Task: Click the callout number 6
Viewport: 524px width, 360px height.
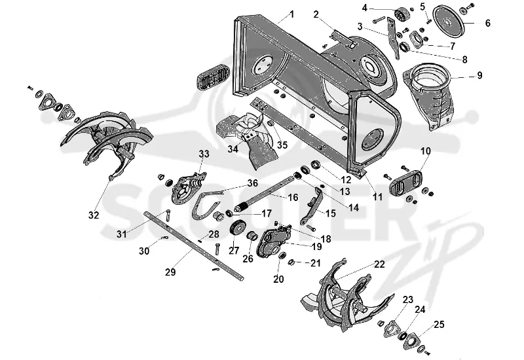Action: (x=487, y=23)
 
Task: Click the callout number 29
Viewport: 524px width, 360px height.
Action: (x=170, y=272)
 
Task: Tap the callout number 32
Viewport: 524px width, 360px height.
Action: (x=94, y=215)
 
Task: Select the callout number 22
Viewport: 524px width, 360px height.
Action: (x=379, y=264)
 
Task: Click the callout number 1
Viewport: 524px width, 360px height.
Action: (x=291, y=14)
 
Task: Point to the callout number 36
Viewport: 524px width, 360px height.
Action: (x=253, y=183)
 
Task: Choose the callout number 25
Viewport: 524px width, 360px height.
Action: (x=439, y=324)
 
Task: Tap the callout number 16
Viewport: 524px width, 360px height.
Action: (x=293, y=198)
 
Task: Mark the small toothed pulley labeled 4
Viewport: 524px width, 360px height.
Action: (x=400, y=14)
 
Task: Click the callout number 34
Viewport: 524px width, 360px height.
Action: (x=233, y=149)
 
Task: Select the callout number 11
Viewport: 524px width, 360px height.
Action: (x=377, y=197)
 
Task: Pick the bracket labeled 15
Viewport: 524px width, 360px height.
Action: (x=312, y=206)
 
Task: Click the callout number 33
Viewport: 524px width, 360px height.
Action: (x=204, y=154)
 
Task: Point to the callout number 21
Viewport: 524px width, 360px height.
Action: (x=316, y=263)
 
